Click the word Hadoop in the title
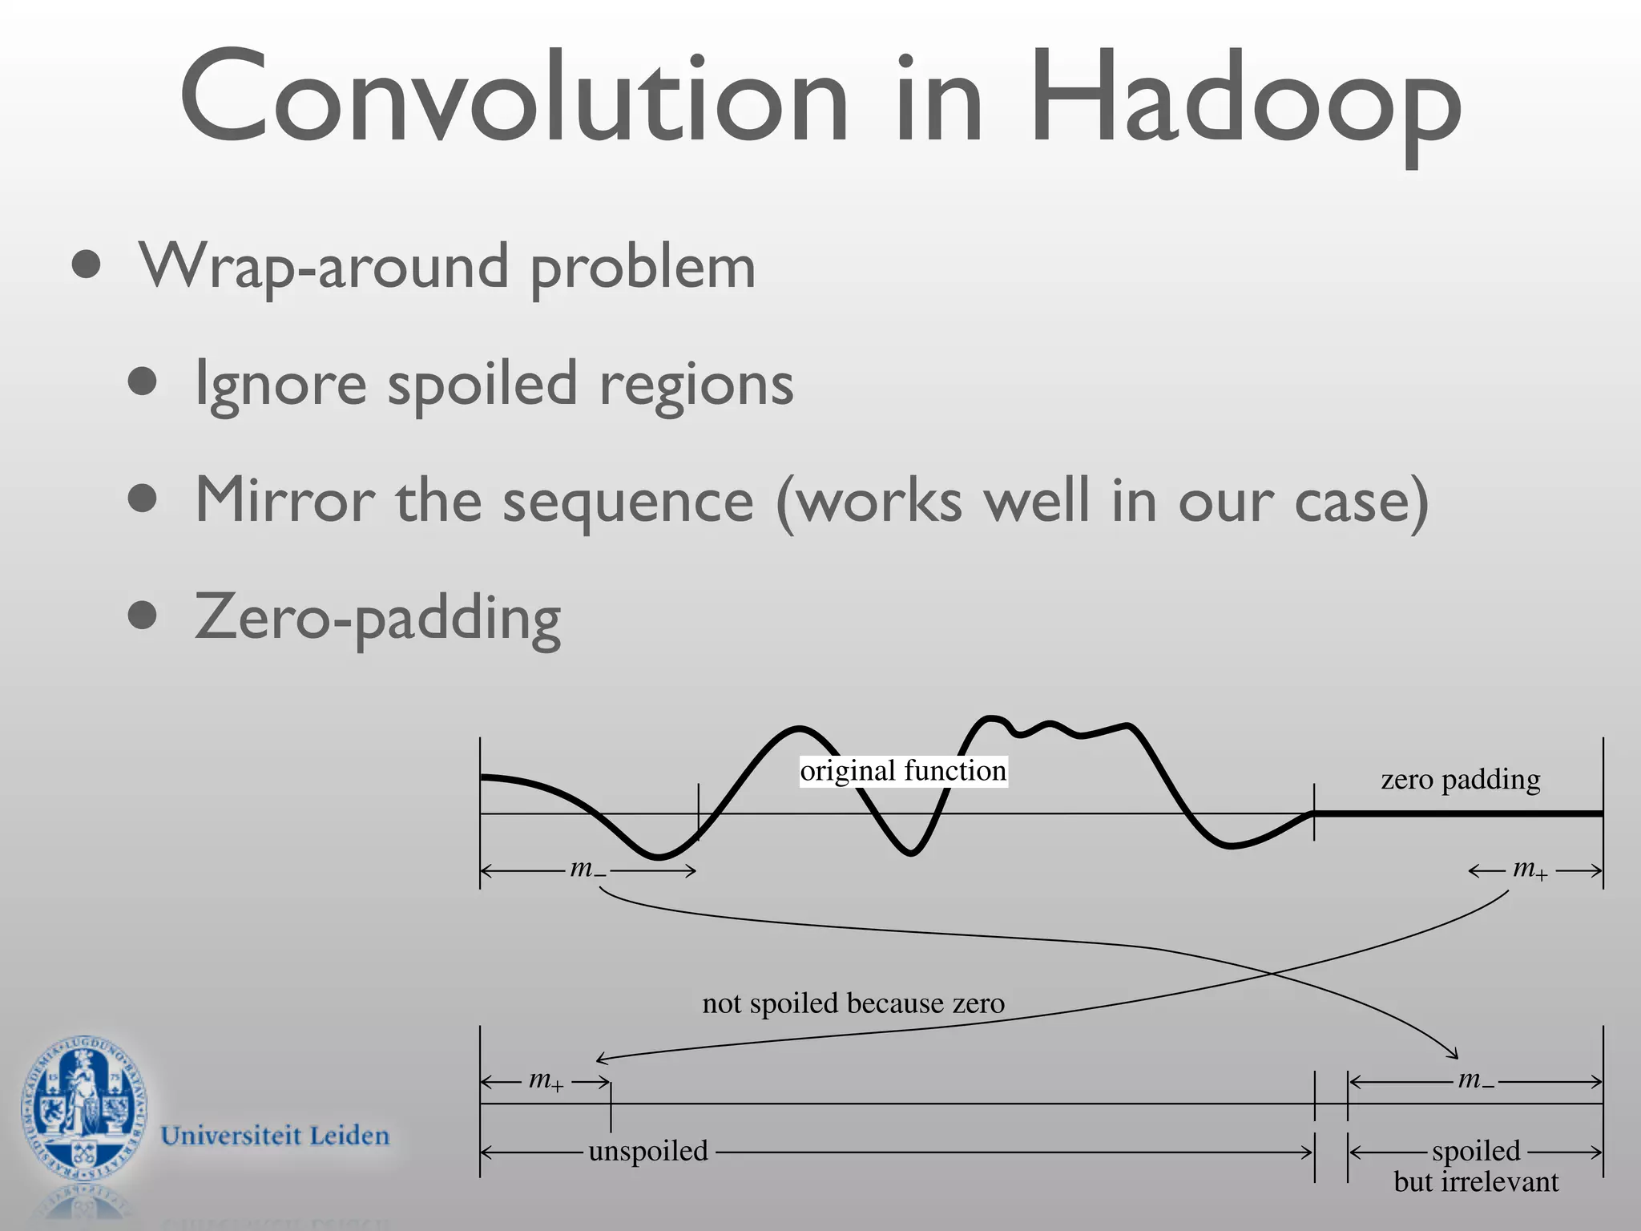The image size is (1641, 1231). tap(1245, 100)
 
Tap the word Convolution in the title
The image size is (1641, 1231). tap(513, 100)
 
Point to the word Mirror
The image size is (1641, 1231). tap(284, 500)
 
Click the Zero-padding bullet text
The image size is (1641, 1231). tap(377, 618)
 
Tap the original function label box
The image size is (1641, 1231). tap(903, 771)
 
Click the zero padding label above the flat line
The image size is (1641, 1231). tap(1460, 779)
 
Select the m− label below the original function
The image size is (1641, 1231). tap(588, 869)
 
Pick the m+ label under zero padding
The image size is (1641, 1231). tap(1529, 869)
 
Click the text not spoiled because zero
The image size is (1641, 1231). tap(853, 1003)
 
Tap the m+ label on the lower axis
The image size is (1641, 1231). tap(546, 1080)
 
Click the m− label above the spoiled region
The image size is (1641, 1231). tap(1475, 1080)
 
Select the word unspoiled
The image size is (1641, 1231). tap(648, 1152)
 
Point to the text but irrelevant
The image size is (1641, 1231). tap(1476, 1182)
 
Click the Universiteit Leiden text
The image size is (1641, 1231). tap(275, 1136)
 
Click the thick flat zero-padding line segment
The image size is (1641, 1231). tap(1458, 813)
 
